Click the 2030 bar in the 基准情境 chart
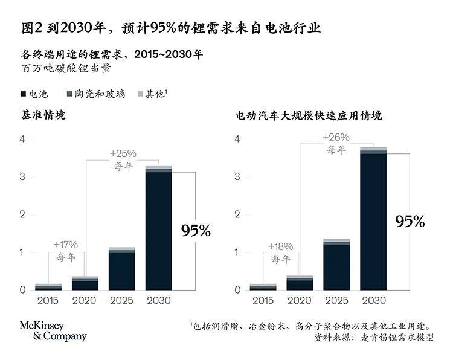(x=158, y=230)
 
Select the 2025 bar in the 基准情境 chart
(x=122, y=269)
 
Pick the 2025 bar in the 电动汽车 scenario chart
(x=336, y=266)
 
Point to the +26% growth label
(x=336, y=137)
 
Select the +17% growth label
(x=65, y=245)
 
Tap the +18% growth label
(x=280, y=246)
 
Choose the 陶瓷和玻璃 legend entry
(x=98, y=94)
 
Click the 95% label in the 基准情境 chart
(x=196, y=230)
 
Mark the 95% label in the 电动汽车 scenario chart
(x=410, y=221)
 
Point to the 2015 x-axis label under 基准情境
(x=48, y=300)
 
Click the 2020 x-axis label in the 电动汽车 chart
(x=300, y=300)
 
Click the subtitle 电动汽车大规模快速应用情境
(x=309, y=115)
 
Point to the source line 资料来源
(x=374, y=338)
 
